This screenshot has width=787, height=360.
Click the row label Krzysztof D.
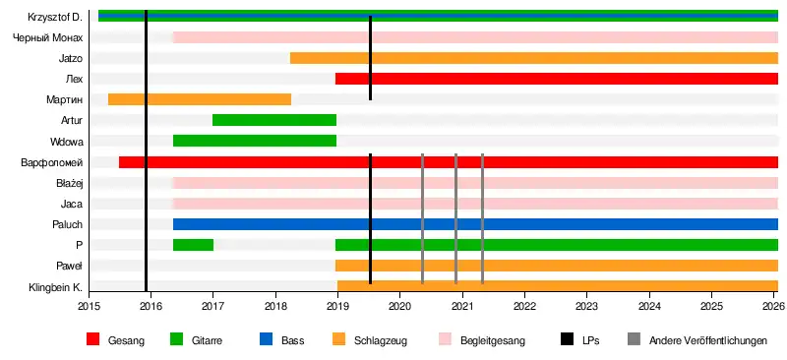55,17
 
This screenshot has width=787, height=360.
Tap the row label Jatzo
70,58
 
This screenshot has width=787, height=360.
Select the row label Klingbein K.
56,287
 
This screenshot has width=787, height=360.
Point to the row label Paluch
67,224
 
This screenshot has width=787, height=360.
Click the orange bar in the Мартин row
200,99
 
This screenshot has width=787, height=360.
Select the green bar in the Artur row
274,120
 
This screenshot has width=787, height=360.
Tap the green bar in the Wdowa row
255,141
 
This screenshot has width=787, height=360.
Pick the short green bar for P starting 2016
193,245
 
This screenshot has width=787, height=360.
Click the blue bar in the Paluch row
475,224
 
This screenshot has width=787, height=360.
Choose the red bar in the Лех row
557,79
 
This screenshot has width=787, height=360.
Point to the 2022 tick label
524,305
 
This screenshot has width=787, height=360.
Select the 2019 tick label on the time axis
337,305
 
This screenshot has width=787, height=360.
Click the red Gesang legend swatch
93,340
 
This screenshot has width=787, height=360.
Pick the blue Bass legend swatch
266,340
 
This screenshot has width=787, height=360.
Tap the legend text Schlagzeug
381,341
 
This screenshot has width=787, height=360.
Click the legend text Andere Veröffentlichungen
708,340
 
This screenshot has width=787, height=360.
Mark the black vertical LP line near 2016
146,150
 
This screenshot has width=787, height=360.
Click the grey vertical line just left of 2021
455,219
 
